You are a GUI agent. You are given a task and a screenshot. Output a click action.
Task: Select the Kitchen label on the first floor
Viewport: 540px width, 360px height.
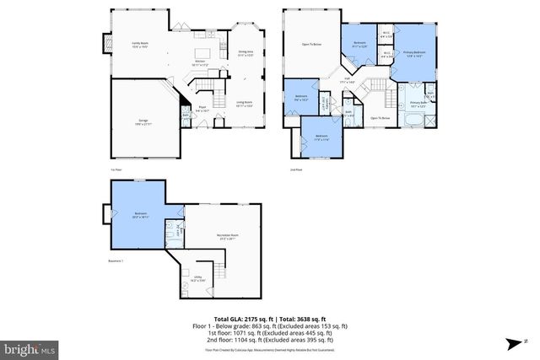(x=202, y=62)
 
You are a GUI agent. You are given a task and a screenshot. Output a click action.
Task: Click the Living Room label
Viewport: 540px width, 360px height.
(x=246, y=104)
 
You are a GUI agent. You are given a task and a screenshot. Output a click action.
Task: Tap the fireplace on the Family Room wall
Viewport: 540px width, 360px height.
(x=105, y=41)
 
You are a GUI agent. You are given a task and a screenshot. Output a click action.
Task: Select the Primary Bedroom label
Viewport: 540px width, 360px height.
(x=414, y=54)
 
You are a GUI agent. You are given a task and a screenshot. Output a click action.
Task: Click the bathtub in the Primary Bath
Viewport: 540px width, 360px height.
(x=413, y=121)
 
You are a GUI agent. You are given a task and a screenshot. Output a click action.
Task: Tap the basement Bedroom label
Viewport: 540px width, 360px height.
(x=141, y=214)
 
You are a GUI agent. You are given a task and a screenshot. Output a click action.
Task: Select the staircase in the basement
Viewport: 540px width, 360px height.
(x=221, y=274)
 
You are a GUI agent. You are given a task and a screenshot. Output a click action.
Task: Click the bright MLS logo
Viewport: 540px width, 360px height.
(x=29, y=347)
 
